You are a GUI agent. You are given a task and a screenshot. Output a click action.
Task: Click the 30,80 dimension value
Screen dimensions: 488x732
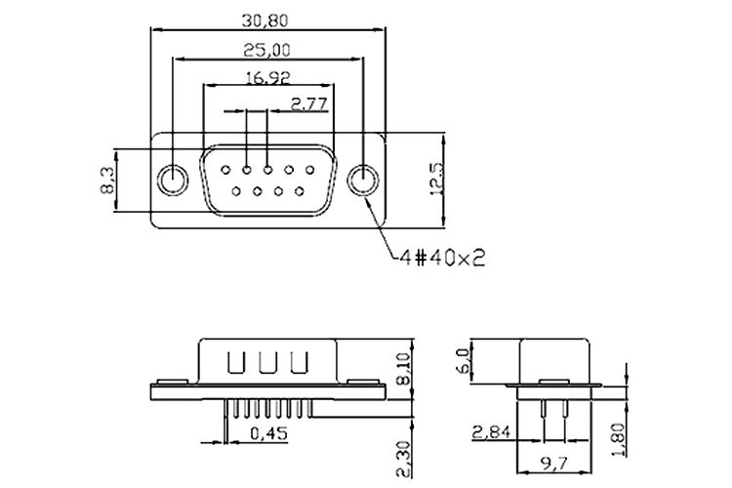[x=266, y=18]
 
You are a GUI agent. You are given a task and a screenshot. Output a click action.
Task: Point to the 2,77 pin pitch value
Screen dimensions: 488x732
[x=307, y=102]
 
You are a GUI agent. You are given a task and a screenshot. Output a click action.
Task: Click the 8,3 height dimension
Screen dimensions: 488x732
[x=107, y=180]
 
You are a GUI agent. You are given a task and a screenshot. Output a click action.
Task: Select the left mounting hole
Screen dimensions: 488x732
[x=173, y=181]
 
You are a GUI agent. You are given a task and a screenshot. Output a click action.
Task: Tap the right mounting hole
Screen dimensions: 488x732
[x=362, y=181]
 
